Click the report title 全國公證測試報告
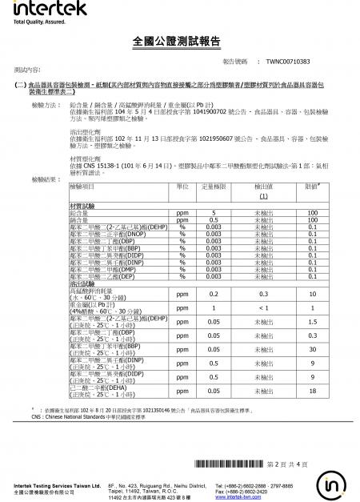pyautogui.click(x=179, y=41)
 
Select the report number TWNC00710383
pyautogui.click(x=288, y=62)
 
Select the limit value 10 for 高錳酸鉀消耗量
pyautogui.click(x=313, y=294)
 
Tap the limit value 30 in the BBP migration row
pyautogui.click(x=313, y=349)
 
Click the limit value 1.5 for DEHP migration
pyautogui.click(x=313, y=321)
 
